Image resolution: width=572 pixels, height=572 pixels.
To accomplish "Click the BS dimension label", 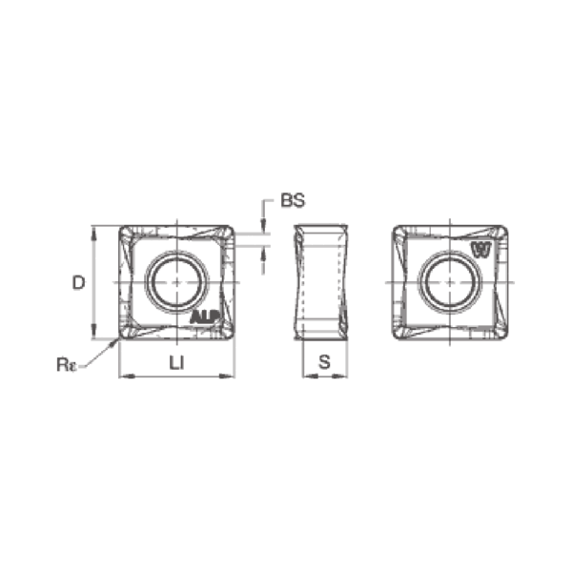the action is (x=293, y=200).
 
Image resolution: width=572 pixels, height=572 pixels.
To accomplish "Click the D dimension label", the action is (x=78, y=282).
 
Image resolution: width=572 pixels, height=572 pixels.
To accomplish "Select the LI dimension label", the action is (x=177, y=362).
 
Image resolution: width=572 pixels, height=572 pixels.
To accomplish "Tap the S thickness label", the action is (x=324, y=362).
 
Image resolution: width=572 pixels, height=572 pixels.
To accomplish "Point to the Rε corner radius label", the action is (x=66, y=365).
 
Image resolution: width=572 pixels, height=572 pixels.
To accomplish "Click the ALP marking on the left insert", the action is (x=205, y=317).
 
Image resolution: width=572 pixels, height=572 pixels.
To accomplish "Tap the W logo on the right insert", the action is (x=481, y=250).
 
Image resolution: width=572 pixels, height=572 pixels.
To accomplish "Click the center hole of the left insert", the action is (x=177, y=282).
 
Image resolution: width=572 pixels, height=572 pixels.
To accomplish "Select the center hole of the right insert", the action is (x=451, y=282).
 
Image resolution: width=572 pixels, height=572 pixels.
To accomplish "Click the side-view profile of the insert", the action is (x=321, y=282).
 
